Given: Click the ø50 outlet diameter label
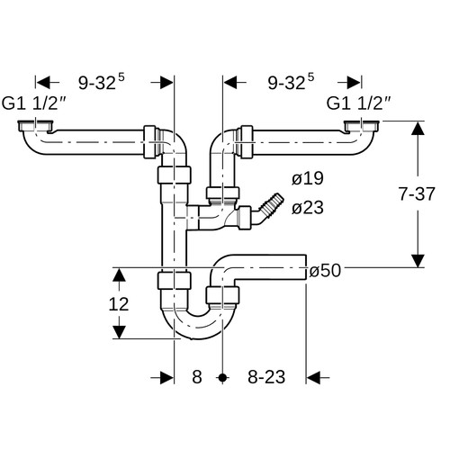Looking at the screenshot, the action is [x=325, y=271].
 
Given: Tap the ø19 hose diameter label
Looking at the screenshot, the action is [x=308, y=179].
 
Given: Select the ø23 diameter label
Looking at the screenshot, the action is [x=308, y=208].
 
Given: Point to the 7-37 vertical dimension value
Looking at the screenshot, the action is [x=417, y=193].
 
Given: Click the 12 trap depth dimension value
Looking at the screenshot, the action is [x=119, y=304].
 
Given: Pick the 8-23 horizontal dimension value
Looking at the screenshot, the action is [x=266, y=377].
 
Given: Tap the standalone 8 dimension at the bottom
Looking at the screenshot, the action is [x=197, y=377].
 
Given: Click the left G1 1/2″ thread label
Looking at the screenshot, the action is [x=33, y=103].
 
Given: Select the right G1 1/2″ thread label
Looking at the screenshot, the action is [x=358, y=103].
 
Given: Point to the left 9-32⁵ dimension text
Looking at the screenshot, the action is [x=102, y=82].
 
